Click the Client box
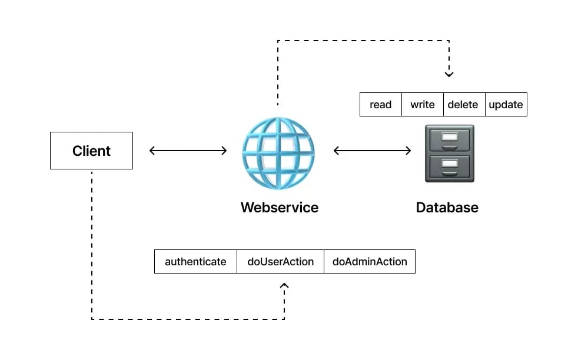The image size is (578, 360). click(91, 151)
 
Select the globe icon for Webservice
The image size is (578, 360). click(278, 152)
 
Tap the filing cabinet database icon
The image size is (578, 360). click(449, 154)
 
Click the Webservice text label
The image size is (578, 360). click(279, 208)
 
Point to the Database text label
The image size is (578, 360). click(447, 208)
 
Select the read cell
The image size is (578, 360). click(380, 105)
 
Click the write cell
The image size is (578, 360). click(422, 105)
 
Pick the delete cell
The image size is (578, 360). click(463, 105)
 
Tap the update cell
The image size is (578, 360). click(506, 105)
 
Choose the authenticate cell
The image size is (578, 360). click(195, 262)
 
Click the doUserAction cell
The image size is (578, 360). click(280, 262)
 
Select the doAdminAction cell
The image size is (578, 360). click(370, 262)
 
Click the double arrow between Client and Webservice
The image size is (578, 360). click(188, 151)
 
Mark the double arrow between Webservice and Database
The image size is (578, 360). click(372, 151)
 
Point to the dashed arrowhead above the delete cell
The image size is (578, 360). click(449, 75)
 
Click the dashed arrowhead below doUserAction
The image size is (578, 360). click(284, 286)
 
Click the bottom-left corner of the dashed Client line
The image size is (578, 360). click(92, 319)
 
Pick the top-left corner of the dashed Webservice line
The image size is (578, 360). click(278, 41)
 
